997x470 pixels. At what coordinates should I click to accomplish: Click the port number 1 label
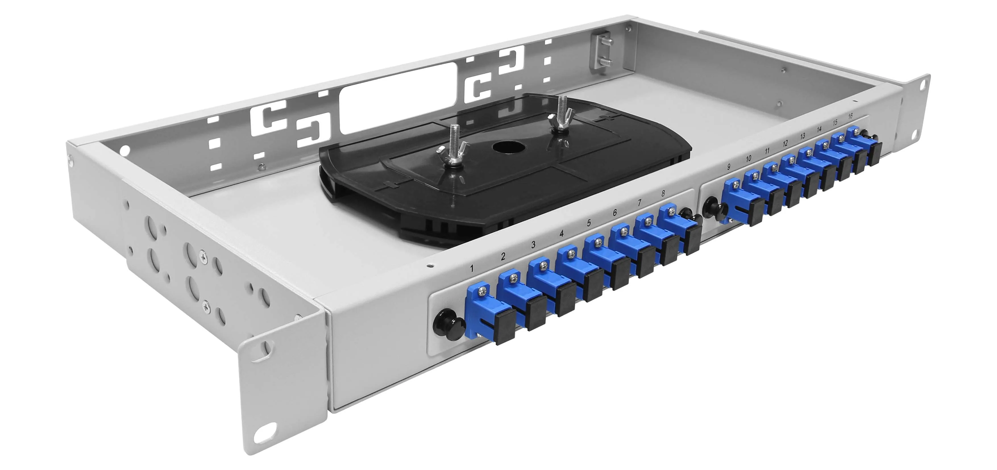coord(472,269)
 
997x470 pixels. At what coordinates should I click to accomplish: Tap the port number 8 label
coord(663,194)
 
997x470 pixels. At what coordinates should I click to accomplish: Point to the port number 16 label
coord(850,116)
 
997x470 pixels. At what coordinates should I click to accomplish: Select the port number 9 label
coord(729,167)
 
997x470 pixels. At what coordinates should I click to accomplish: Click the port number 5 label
coord(589,223)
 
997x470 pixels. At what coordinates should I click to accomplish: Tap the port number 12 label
coord(785,144)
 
